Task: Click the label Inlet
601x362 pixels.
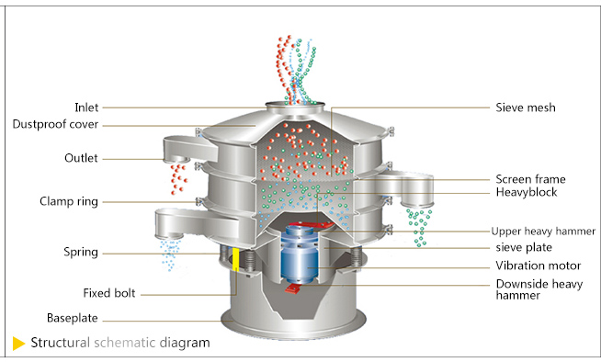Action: tap(86, 107)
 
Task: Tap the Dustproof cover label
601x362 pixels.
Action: tap(55, 124)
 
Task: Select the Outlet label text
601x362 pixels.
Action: tap(81, 158)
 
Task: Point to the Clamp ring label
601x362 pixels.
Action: tap(69, 201)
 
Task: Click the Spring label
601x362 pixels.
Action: tap(81, 252)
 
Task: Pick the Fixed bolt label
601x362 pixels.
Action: tap(109, 293)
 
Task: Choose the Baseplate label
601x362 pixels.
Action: tap(72, 318)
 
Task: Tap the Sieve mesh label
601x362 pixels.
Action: tap(526, 107)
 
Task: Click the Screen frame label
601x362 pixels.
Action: tap(530, 179)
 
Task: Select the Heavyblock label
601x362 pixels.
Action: tap(527, 192)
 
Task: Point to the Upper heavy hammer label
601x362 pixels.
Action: tap(543, 232)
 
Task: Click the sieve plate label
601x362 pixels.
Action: tap(524, 247)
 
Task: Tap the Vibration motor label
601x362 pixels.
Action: tap(539, 266)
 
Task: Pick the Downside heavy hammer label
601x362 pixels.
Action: tap(539, 289)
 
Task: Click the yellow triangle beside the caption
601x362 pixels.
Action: tap(18, 344)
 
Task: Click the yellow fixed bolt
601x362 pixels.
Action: tap(236, 260)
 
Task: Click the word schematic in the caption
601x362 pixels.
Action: tap(125, 343)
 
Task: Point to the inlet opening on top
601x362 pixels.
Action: tap(295, 105)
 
